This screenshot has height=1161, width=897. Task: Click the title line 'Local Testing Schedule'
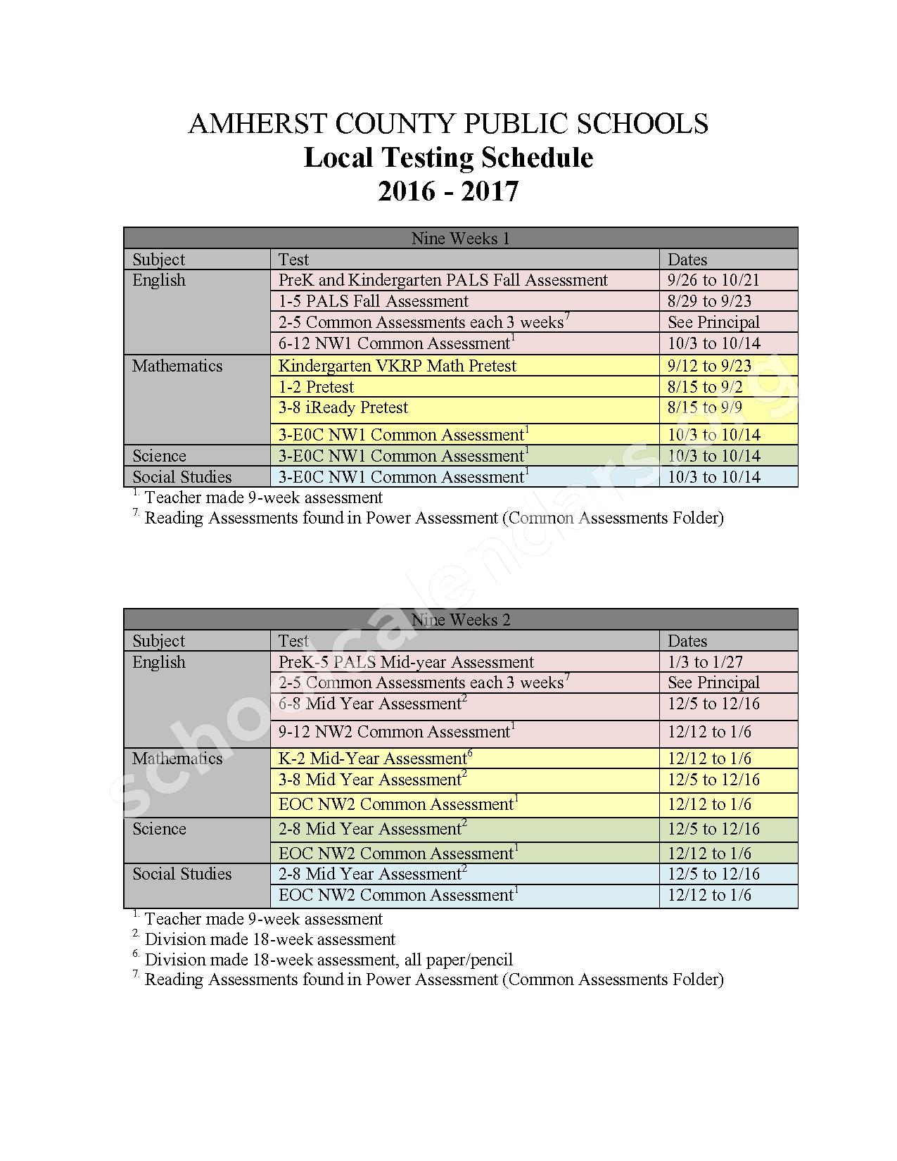point(448,158)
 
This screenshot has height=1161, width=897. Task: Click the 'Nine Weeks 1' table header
point(460,239)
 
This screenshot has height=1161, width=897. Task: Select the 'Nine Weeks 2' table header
point(460,620)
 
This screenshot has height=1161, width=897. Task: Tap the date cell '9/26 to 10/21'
point(713,280)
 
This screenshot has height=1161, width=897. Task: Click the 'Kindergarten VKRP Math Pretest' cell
point(397,366)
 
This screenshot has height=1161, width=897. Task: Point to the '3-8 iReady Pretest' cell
point(343,407)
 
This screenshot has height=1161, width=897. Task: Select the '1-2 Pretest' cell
point(317,387)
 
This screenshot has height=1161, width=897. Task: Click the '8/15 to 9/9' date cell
point(705,407)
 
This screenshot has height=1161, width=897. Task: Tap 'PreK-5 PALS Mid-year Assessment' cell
point(406,662)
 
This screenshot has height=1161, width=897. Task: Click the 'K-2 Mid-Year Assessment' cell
point(374,759)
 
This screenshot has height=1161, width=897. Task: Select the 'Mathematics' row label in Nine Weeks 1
point(177,366)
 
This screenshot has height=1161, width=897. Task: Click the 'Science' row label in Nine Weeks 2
point(159,829)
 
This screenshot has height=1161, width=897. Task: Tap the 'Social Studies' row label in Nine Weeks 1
point(182,477)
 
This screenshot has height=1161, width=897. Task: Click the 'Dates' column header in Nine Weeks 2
point(687,641)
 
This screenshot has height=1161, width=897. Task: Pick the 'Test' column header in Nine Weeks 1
point(293,260)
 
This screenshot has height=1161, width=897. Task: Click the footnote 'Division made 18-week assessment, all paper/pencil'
point(329,960)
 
